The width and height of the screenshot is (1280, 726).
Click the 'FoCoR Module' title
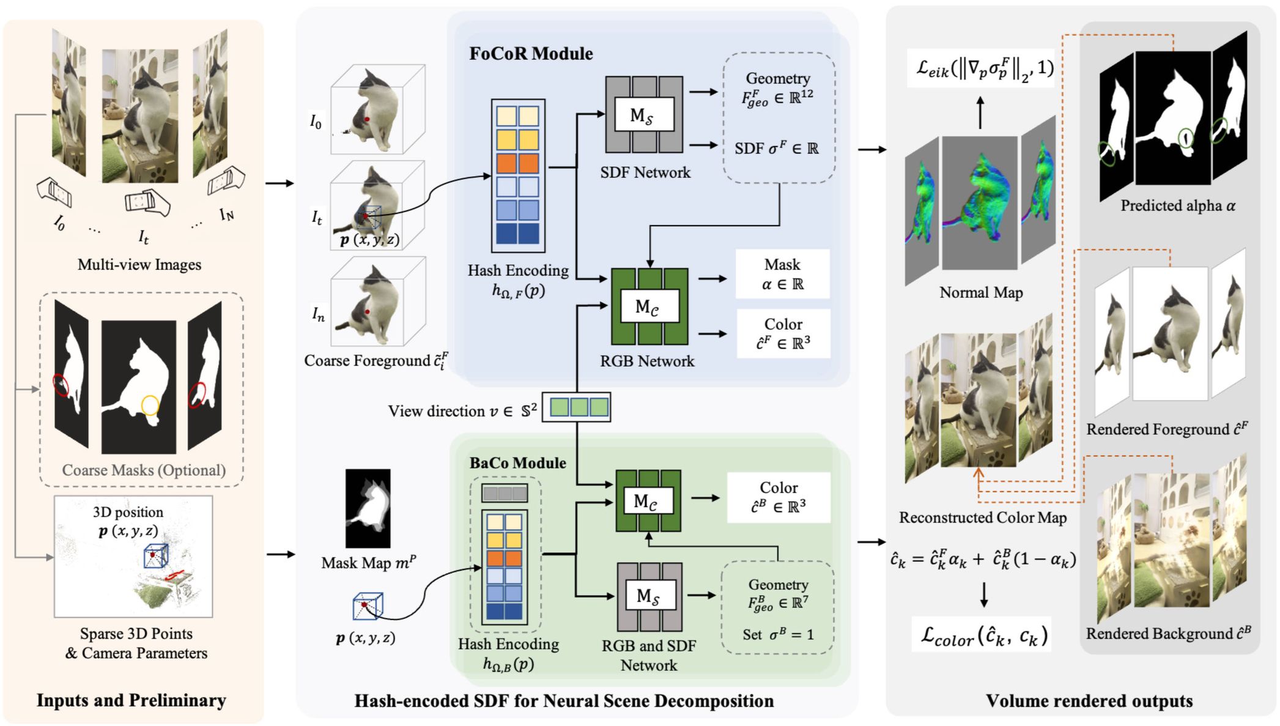531,54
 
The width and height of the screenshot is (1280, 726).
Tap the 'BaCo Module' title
517,463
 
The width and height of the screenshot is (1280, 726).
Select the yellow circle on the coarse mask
150,405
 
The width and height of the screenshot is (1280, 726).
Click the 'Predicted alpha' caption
1177,206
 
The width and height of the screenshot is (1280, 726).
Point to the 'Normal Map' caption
981,293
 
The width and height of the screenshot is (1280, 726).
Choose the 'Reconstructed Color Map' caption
982,518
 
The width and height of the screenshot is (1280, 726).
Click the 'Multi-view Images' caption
139,265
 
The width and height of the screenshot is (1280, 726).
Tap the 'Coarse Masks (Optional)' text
144,470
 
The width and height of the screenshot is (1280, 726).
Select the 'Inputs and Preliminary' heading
131,700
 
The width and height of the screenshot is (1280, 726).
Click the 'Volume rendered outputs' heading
1089,701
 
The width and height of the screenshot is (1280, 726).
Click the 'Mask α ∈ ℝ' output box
782,274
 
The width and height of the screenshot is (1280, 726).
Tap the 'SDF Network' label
645,173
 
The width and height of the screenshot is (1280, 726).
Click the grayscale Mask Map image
368,508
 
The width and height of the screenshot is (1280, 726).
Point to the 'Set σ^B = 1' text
778,635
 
